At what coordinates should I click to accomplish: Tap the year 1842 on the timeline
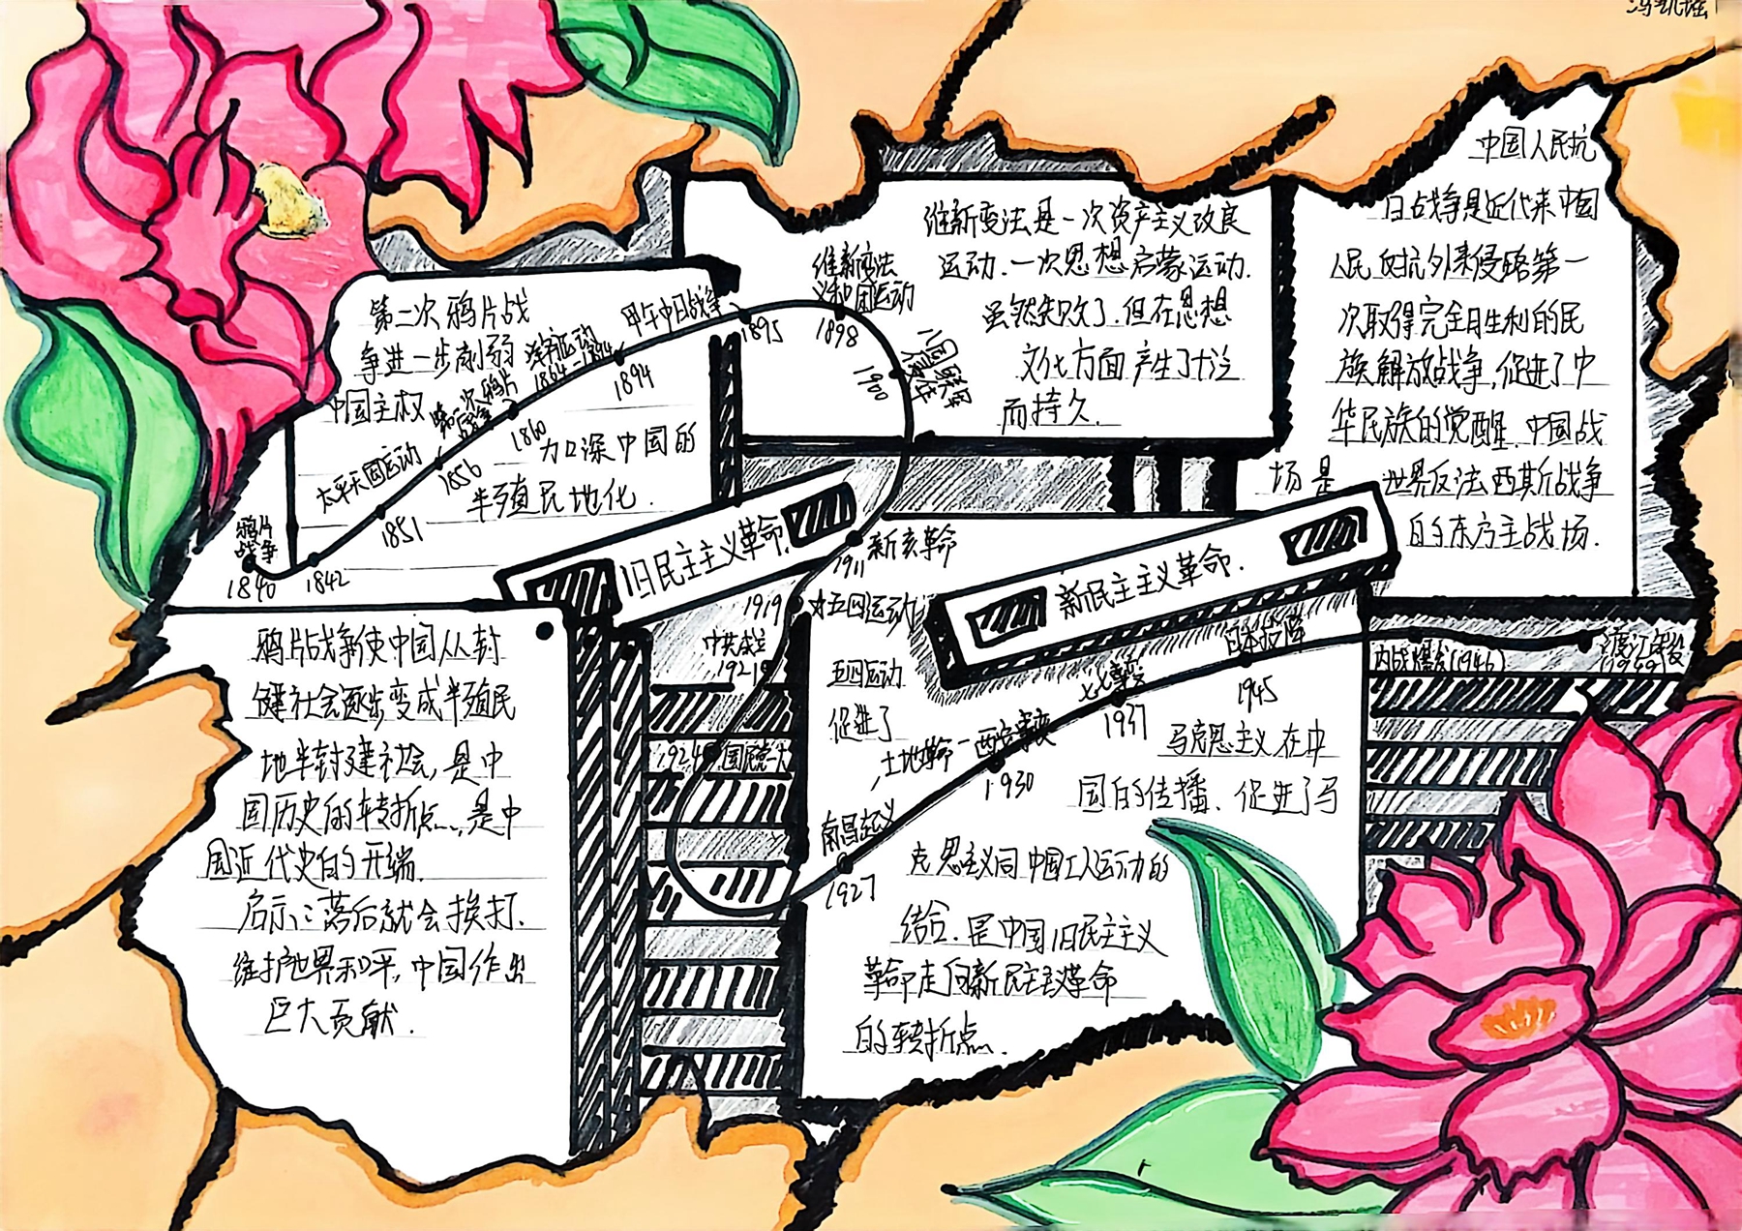326,582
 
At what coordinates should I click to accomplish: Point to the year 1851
399,531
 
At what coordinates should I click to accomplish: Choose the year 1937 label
1124,721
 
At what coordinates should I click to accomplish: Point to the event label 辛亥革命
912,547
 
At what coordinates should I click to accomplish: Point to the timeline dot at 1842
314,560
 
